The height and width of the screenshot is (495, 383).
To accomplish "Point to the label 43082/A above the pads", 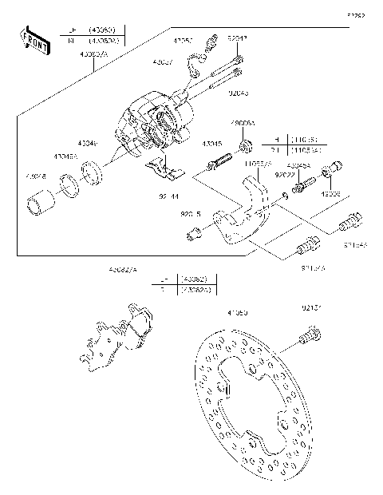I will tap(124, 271).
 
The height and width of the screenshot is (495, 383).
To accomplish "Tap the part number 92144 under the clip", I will tap(168, 194).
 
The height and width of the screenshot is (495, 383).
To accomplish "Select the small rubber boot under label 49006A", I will tap(247, 145).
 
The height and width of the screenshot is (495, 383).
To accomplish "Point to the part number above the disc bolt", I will tap(312, 307).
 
